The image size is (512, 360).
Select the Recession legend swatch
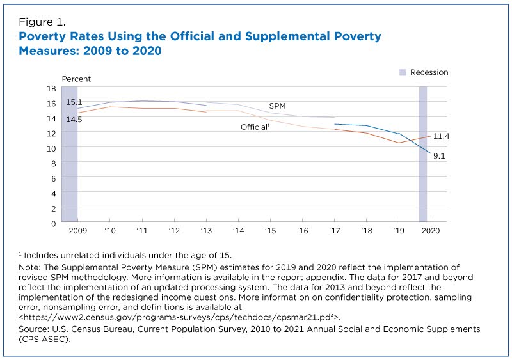403,72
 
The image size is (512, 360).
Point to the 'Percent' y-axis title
76,79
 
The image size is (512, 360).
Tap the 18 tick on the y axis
51,88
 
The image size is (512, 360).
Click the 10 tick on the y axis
51,148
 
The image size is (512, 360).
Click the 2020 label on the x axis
430,230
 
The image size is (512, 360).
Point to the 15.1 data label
74,102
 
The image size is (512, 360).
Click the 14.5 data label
74,119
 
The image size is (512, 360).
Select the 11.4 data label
441,136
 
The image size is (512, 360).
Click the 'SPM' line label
277,106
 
